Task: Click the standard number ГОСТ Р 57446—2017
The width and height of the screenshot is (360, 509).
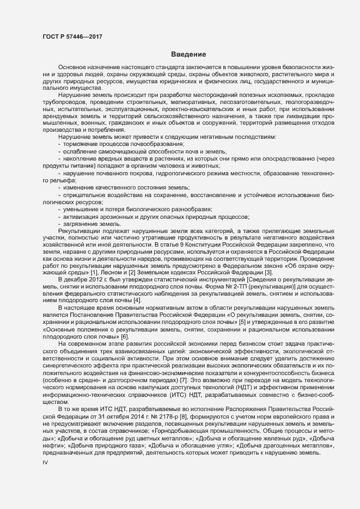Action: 71,36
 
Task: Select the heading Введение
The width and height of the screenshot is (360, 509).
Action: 188,54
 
